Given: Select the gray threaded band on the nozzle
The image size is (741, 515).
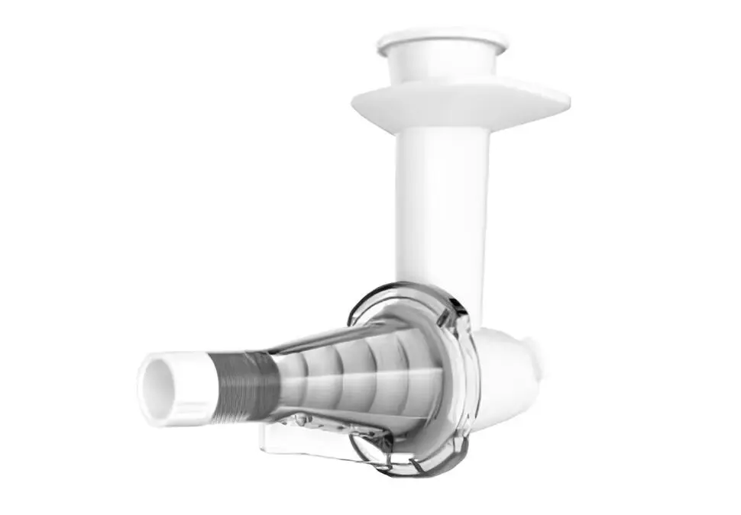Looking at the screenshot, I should pos(244,386).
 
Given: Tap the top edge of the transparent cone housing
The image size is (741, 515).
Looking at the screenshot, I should pos(336,336).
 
